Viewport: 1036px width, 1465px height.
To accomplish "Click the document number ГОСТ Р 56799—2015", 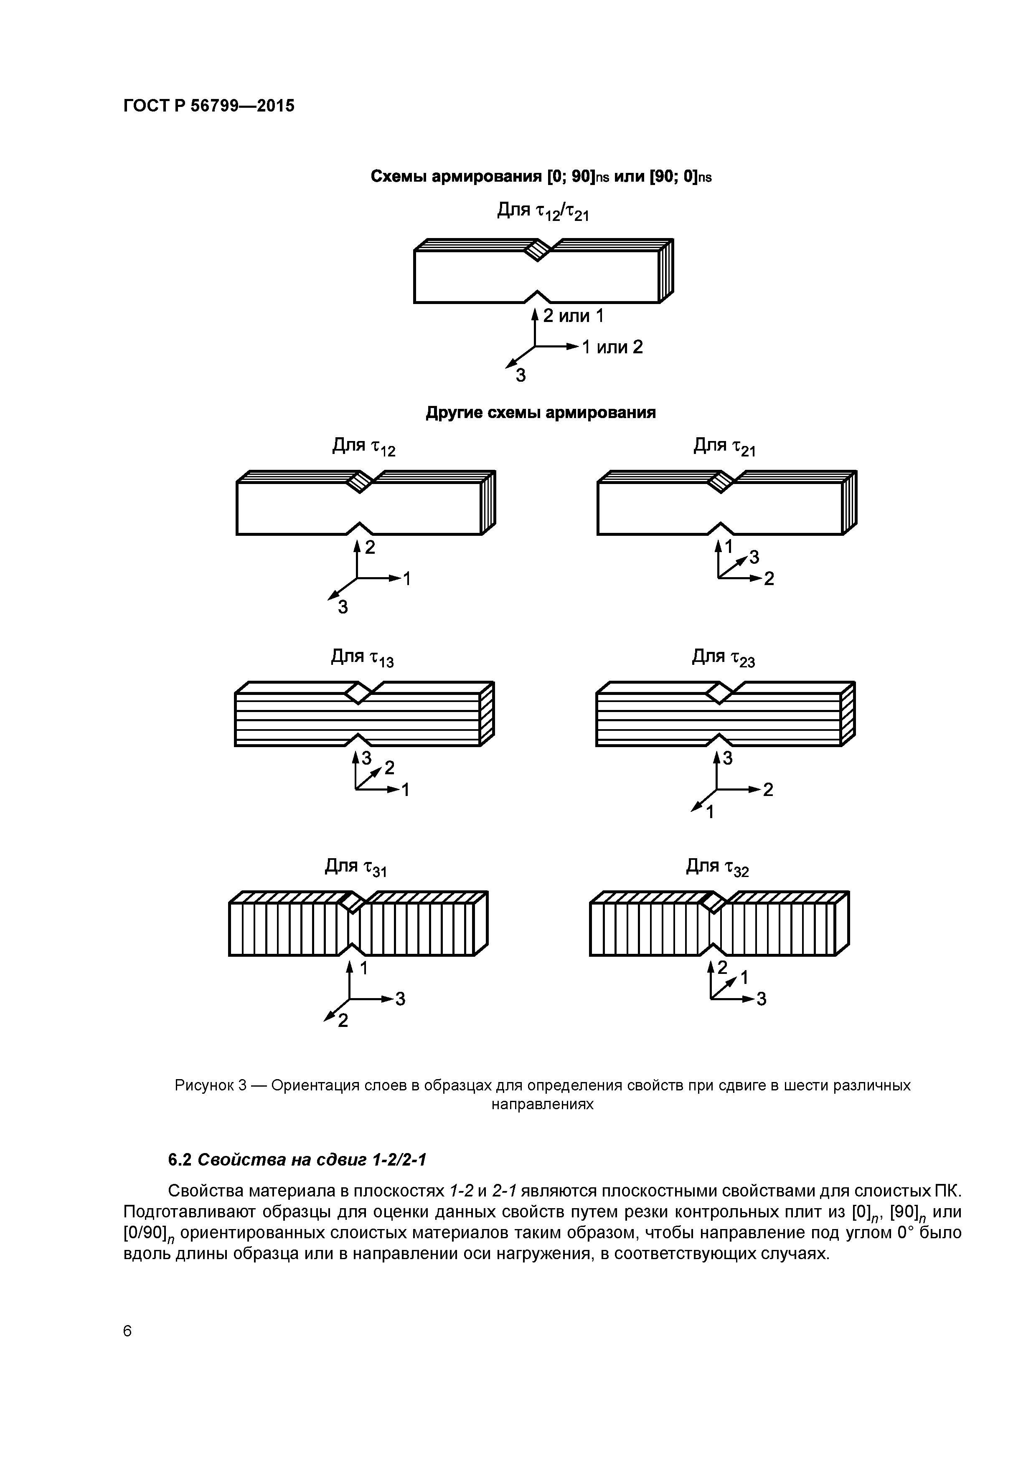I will tap(209, 106).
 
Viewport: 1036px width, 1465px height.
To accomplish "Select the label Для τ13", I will tap(362, 658).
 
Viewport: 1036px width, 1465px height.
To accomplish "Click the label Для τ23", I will tap(723, 658).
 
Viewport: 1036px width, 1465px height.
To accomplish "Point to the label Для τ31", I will tap(355, 868).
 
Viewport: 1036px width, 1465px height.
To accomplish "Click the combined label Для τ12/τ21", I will tap(543, 211).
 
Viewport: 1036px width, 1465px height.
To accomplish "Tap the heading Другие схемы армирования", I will tap(541, 413).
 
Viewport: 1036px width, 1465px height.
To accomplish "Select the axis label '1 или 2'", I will tap(612, 347).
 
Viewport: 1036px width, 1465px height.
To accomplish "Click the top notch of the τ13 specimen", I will tap(358, 692).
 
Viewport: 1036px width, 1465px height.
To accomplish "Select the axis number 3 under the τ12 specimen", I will tap(343, 608).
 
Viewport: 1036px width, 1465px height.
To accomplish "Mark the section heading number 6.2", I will tap(180, 1159).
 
